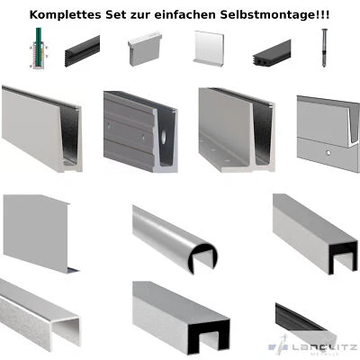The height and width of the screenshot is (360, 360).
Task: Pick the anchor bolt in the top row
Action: click(x=323, y=49)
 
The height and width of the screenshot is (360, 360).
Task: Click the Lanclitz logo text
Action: click(x=317, y=346)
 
